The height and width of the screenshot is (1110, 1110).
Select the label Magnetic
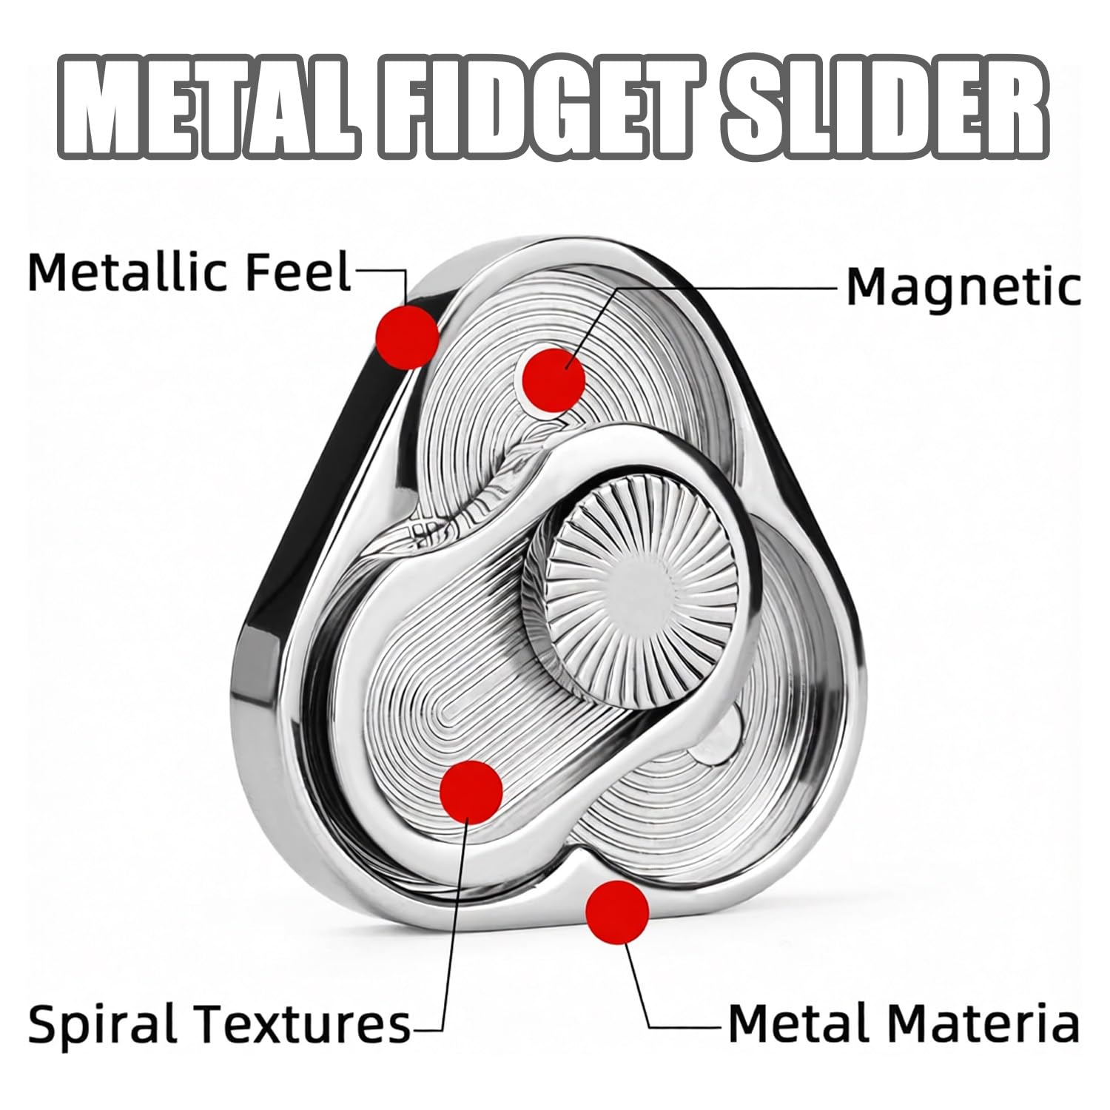coord(963,287)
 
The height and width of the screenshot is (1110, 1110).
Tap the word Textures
coord(303,1024)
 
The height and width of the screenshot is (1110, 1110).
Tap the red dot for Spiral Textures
coord(471,791)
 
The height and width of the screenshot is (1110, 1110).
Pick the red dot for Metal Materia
coord(617,912)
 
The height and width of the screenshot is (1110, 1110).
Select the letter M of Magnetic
coord(866,287)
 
